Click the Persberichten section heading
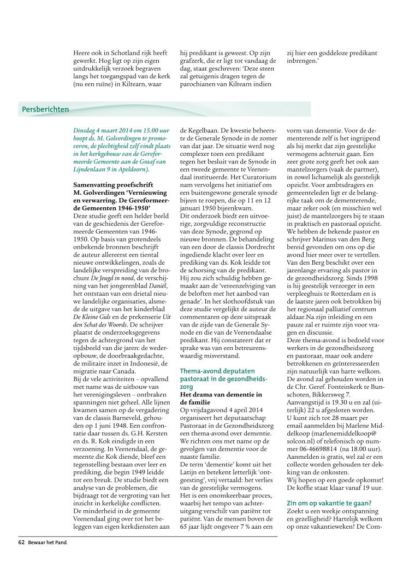[x=45, y=109]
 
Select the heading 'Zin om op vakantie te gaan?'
[x=329, y=488]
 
